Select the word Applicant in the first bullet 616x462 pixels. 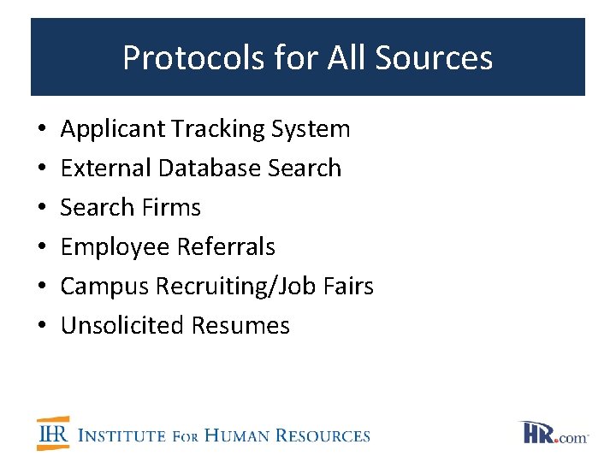pos(113,129)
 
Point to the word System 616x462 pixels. pos(311,129)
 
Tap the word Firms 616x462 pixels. pos(174,208)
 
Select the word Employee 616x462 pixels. pos(115,247)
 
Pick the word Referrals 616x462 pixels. pos(226,247)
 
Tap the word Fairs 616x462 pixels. pos(349,287)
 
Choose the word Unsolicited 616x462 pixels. pos(122,326)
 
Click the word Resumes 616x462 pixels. pos(240,326)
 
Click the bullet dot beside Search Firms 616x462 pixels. pos(43,209)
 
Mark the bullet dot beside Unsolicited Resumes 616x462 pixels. pos(43,327)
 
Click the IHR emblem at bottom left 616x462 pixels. pos(53,434)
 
